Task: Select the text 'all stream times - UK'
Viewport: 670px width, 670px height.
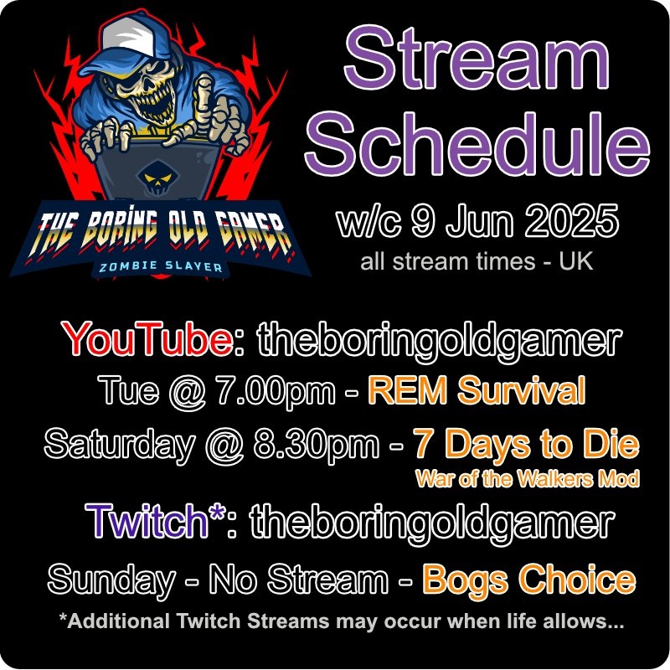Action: [477, 261]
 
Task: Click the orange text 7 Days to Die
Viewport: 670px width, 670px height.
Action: [525, 445]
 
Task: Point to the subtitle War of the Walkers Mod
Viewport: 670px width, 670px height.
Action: [527, 479]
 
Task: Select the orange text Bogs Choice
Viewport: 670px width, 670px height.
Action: [528, 579]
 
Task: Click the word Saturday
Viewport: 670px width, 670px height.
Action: [118, 445]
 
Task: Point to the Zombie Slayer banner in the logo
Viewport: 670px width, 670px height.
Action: [159, 267]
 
